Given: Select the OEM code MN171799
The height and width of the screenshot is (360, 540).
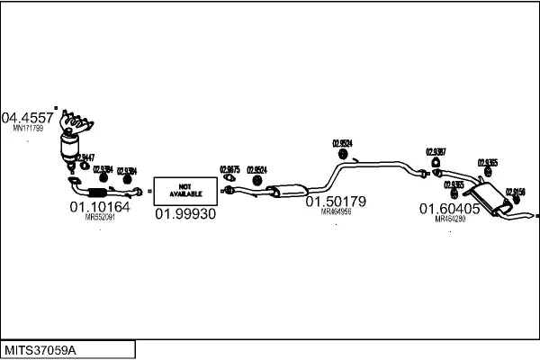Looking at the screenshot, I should [x=28, y=129].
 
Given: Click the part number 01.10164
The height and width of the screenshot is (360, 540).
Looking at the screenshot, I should [x=100, y=207].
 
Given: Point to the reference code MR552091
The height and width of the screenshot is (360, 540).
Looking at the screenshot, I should [x=100, y=217].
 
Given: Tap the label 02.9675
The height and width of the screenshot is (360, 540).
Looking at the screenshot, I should [x=229, y=168].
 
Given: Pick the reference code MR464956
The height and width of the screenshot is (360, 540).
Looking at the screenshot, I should [x=336, y=211].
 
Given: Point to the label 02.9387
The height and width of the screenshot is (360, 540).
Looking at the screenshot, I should [x=436, y=151].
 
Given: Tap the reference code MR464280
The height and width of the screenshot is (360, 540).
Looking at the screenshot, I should [x=450, y=219].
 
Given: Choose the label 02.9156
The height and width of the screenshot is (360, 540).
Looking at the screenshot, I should [x=516, y=191].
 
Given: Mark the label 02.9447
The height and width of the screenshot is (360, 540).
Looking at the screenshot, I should [x=85, y=157].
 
